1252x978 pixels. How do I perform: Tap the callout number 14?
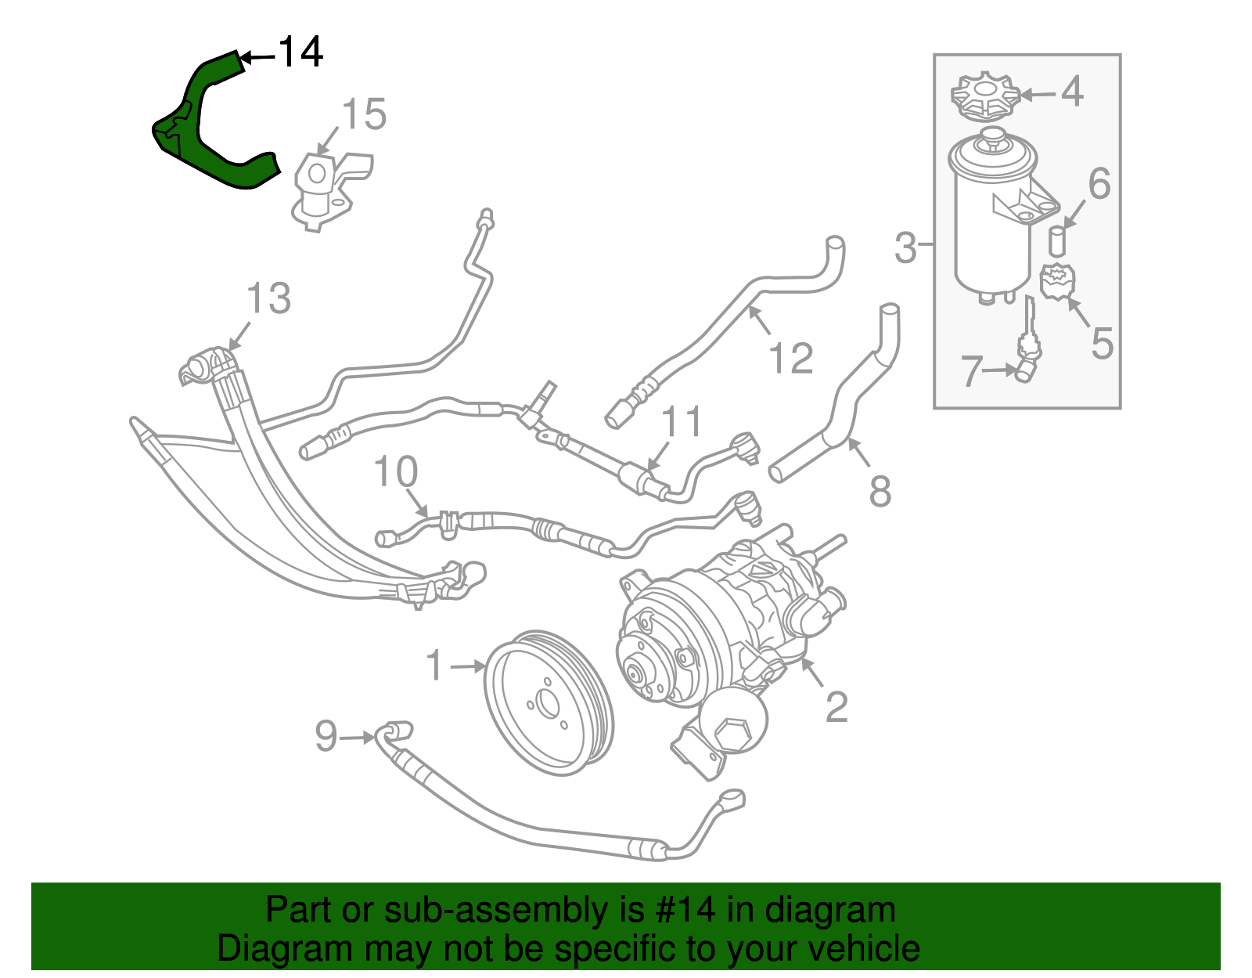pos(300,52)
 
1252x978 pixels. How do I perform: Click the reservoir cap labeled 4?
pos(985,97)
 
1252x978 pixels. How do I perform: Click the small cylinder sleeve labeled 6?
pos(1057,241)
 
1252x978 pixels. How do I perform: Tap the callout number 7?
pos(970,371)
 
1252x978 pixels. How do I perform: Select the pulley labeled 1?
pos(548,702)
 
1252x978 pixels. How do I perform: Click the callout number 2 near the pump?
pos(836,706)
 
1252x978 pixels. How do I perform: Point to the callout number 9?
pos(326,736)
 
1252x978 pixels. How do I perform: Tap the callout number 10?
pos(395,472)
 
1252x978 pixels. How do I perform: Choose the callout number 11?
pos(682,422)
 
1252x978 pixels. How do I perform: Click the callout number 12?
pos(791,359)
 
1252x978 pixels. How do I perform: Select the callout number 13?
pos(268,298)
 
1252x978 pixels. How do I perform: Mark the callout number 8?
pos(880,491)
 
